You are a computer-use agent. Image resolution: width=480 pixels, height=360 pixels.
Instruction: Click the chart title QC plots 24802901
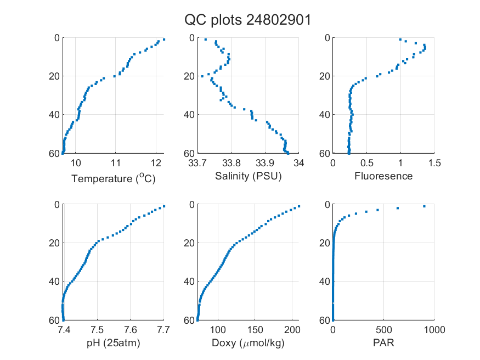point(247,20)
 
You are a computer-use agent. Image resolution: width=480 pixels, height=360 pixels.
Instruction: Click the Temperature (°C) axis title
point(114,178)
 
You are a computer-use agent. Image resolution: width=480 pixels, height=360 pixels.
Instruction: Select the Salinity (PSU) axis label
point(249,176)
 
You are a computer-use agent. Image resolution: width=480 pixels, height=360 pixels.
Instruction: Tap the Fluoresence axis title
point(383,176)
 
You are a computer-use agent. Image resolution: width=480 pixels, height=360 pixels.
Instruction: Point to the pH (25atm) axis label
point(114,343)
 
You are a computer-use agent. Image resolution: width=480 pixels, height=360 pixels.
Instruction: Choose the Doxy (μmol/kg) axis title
point(249,343)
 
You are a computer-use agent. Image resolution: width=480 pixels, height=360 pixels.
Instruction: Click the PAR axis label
point(383,342)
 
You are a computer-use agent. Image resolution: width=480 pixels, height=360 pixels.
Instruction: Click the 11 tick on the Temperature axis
point(115,163)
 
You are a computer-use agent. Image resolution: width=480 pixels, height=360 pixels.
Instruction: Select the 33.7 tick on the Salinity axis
point(197,163)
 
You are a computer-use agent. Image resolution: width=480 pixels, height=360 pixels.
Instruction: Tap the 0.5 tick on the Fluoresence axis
point(367,163)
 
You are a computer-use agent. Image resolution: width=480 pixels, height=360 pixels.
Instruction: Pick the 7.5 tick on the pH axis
point(97,330)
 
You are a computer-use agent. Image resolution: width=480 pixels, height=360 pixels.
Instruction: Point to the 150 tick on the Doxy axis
point(255,330)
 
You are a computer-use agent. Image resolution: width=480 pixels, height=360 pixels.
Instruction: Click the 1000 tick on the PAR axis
point(434,330)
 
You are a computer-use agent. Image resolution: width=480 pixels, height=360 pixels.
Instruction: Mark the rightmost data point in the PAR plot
point(424,206)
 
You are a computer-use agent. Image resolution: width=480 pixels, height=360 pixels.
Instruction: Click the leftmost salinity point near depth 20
point(202,76)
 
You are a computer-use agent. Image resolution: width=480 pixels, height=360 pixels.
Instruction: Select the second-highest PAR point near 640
point(398,208)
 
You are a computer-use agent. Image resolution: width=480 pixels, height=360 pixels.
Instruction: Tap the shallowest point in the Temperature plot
point(164,40)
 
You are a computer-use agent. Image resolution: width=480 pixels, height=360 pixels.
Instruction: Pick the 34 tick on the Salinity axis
point(299,163)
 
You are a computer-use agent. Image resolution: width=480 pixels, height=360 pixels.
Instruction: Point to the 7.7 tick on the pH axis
point(163,330)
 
